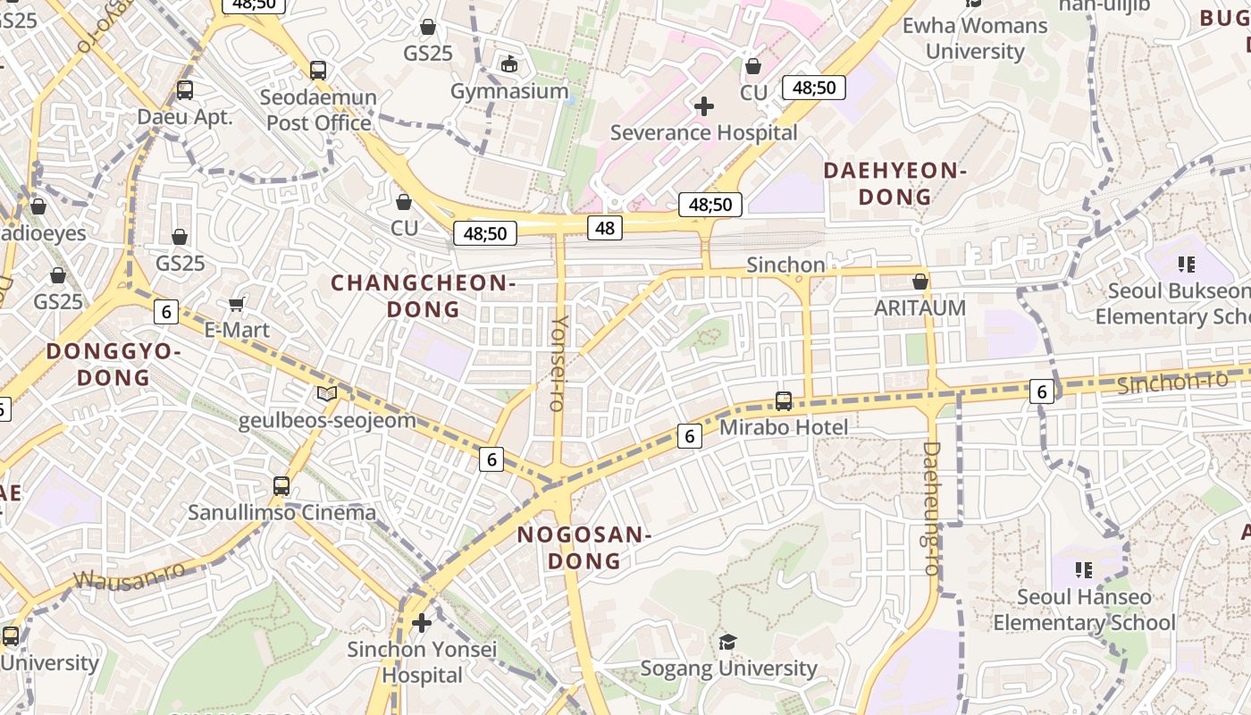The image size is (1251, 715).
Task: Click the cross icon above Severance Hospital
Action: pyautogui.click(x=704, y=107)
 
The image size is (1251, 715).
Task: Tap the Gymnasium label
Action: pyautogui.click(x=509, y=91)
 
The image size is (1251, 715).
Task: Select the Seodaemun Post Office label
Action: pyautogui.click(x=319, y=110)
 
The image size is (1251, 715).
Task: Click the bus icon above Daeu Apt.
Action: pyautogui.click(x=185, y=90)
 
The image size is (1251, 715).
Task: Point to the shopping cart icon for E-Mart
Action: pyautogui.click(x=237, y=305)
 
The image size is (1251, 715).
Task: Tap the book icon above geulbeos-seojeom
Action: pyautogui.click(x=327, y=394)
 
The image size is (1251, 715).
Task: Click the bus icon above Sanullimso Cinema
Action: pyautogui.click(x=281, y=486)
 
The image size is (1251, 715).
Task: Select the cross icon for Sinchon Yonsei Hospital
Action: pyautogui.click(x=422, y=622)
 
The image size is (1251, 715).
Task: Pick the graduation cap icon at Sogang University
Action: pyautogui.click(x=728, y=643)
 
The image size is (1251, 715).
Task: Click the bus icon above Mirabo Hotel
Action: pyautogui.click(x=784, y=401)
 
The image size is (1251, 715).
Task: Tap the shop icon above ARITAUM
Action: pyautogui.click(x=920, y=282)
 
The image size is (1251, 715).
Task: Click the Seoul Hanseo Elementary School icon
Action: pyautogui.click(x=1085, y=570)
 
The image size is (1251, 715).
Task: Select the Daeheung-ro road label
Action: pyautogui.click(x=931, y=508)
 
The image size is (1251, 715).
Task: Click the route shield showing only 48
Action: pyautogui.click(x=605, y=228)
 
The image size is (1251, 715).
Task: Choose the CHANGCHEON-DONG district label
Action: pyautogui.click(x=424, y=296)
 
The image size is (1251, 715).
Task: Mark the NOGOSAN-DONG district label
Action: pyautogui.click(x=584, y=548)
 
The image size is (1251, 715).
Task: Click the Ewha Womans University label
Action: pyautogui.click(x=975, y=38)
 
